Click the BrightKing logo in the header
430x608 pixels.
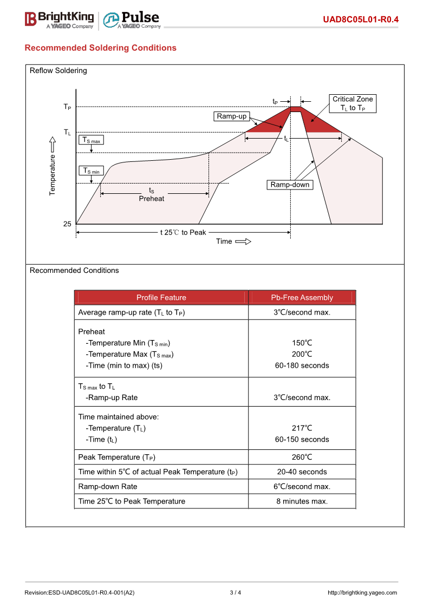click(60, 19)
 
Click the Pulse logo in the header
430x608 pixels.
click(132, 19)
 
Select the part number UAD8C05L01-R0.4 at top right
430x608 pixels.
click(361, 20)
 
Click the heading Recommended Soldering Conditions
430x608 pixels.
click(101, 48)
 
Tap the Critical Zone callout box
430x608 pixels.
click(353, 103)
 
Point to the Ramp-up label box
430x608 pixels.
click(231, 116)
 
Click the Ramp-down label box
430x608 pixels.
click(290, 185)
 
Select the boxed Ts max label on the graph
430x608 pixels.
click(91, 140)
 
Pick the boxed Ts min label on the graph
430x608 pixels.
click(91, 171)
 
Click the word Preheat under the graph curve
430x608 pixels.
click(152, 199)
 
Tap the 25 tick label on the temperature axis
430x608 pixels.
click(67, 224)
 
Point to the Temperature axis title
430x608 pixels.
click(53, 174)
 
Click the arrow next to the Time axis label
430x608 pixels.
click(243, 241)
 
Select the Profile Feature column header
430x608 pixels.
click(161, 298)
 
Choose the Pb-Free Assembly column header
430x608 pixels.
click(302, 298)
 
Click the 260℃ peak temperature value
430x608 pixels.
click(302, 457)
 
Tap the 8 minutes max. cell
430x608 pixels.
click(302, 501)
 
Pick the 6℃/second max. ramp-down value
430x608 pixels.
click(302, 487)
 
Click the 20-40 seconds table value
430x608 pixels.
click(302, 472)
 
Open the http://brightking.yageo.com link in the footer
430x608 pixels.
click(362, 592)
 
